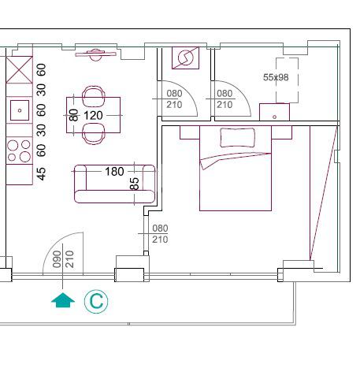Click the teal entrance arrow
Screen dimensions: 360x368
[x=63, y=300]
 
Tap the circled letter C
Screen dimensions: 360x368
[x=96, y=301]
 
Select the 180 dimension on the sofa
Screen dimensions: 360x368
[x=114, y=172]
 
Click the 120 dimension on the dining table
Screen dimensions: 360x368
[x=93, y=115]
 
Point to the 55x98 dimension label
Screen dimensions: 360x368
[x=276, y=77]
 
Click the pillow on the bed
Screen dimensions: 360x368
[x=237, y=137]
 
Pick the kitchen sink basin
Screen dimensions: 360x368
[x=20, y=110]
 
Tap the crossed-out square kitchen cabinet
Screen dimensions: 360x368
[x=19, y=69]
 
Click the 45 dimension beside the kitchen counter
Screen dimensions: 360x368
[x=42, y=174]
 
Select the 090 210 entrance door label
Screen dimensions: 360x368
[x=63, y=259]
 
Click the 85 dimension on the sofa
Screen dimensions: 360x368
[x=134, y=184]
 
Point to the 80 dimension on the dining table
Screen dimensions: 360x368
[x=74, y=115]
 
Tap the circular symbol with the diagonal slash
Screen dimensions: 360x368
[x=185, y=58]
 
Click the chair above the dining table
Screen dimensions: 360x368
[x=94, y=96]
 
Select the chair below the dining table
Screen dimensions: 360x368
[x=94, y=134]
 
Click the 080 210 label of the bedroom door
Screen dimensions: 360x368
[x=160, y=233]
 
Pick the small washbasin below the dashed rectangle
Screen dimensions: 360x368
[x=274, y=112]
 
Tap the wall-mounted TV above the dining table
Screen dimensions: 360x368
[x=95, y=54]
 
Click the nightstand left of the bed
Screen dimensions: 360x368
[x=190, y=132]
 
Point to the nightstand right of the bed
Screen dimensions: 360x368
[x=281, y=132]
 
